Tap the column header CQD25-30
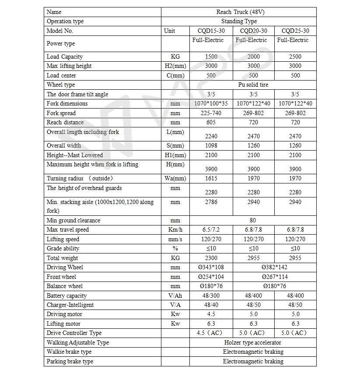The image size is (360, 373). [295, 31]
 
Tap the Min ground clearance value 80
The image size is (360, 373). [253, 220]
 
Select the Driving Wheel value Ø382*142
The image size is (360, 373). [274, 267]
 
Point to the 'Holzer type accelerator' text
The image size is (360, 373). [253, 342]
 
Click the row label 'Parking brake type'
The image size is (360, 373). [70, 361]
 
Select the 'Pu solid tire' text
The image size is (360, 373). [253, 84]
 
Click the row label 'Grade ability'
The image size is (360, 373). [63, 248]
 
